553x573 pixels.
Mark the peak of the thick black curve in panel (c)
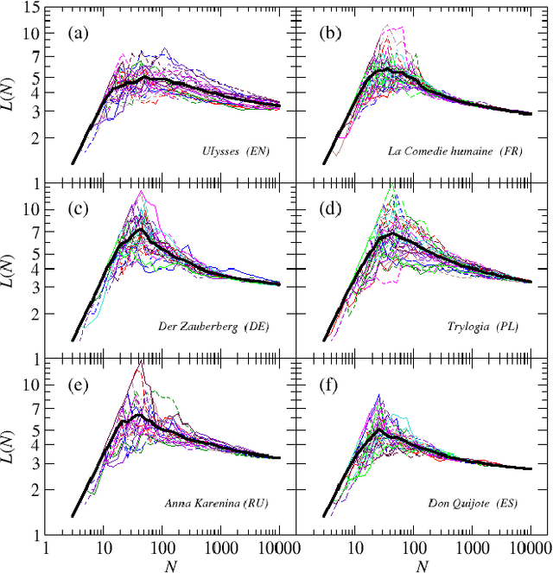click(x=140, y=230)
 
